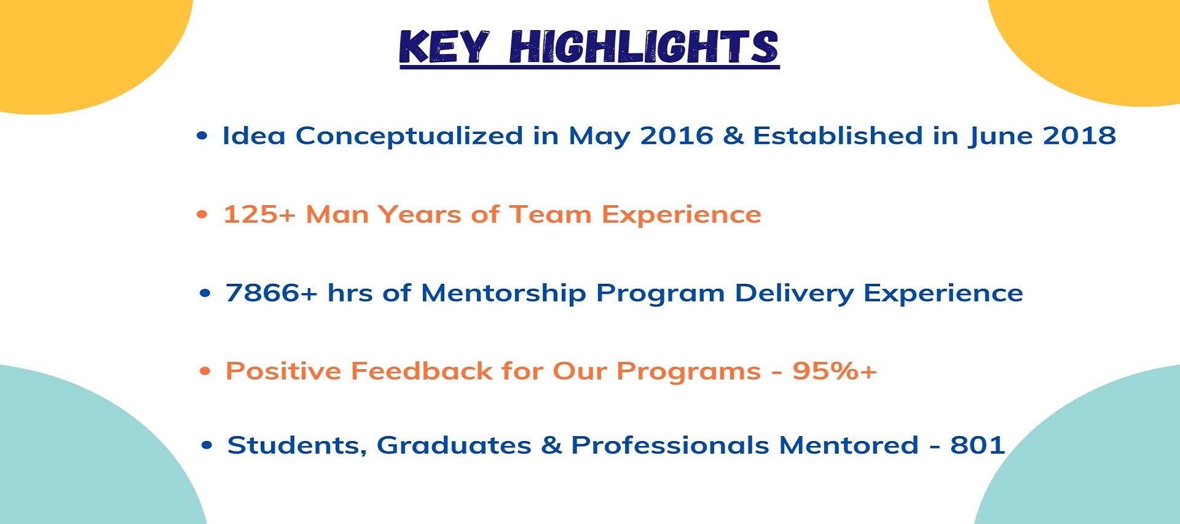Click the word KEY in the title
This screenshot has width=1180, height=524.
[x=444, y=47]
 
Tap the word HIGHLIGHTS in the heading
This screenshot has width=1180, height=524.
[x=644, y=47]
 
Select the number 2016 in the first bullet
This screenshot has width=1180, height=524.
[x=676, y=136]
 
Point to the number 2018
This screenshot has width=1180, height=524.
[x=1079, y=136]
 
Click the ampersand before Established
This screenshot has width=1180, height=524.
[x=733, y=136]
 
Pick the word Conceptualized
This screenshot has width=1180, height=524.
[x=409, y=136]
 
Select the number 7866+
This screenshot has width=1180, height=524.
[x=272, y=293]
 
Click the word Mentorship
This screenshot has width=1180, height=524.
[x=503, y=293]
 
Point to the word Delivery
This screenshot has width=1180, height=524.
[x=794, y=293]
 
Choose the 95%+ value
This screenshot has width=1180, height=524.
[x=835, y=371]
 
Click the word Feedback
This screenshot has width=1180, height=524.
[x=422, y=371]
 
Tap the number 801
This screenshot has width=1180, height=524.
[x=977, y=445]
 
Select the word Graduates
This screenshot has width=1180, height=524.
[x=454, y=445]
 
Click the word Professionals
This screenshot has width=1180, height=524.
[x=670, y=445]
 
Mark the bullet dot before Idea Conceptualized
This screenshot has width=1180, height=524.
[x=202, y=136]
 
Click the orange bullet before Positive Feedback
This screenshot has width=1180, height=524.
[x=205, y=371]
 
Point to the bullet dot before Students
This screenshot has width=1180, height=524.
[x=207, y=445]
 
